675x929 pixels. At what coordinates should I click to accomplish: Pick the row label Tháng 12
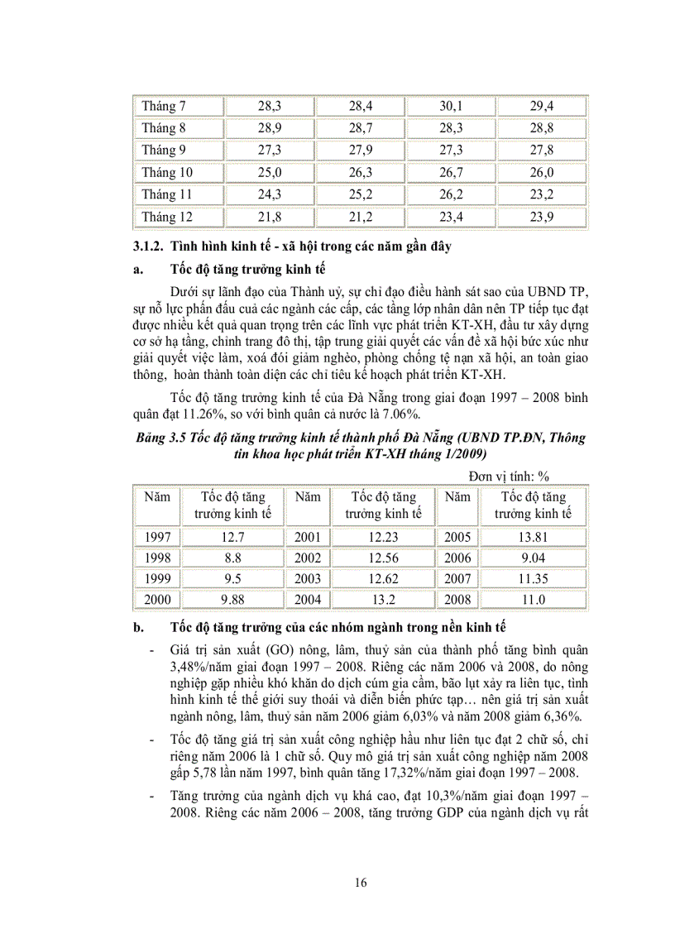click(166, 217)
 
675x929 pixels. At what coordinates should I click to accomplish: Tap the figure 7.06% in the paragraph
click(424, 414)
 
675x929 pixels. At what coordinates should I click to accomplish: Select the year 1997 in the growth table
click(157, 537)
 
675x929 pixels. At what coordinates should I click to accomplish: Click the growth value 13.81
click(533, 537)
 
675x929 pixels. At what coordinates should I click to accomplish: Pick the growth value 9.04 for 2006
click(533, 558)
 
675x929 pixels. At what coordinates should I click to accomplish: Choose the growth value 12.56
click(382, 558)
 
